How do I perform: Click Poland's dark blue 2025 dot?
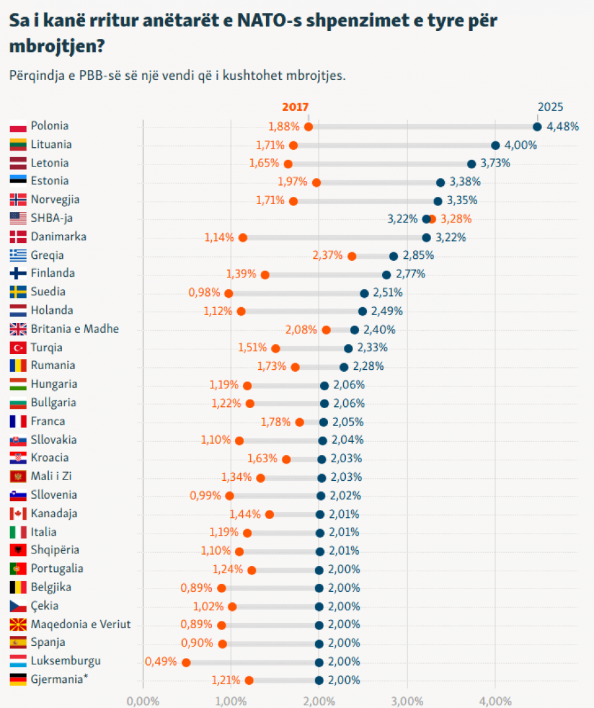tap(537, 127)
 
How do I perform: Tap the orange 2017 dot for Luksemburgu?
tap(186, 662)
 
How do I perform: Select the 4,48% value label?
tap(562, 126)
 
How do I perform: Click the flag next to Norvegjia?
tap(18, 199)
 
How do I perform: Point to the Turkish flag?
tap(18, 347)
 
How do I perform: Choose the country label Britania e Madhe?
tap(75, 329)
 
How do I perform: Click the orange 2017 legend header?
tap(295, 107)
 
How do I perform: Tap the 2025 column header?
tap(550, 107)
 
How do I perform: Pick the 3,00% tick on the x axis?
tap(407, 701)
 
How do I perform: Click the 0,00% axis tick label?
tap(143, 701)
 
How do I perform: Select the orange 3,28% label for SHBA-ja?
tap(456, 219)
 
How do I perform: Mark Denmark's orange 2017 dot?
tap(243, 238)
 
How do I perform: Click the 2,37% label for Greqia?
tap(328, 256)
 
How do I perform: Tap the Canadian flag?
tap(18, 513)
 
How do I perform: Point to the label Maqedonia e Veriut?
tap(81, 625)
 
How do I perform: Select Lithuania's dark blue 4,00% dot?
tap(496, 145)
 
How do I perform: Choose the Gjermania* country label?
tap(59, 680)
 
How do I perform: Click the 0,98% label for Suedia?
tap(204, 293)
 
